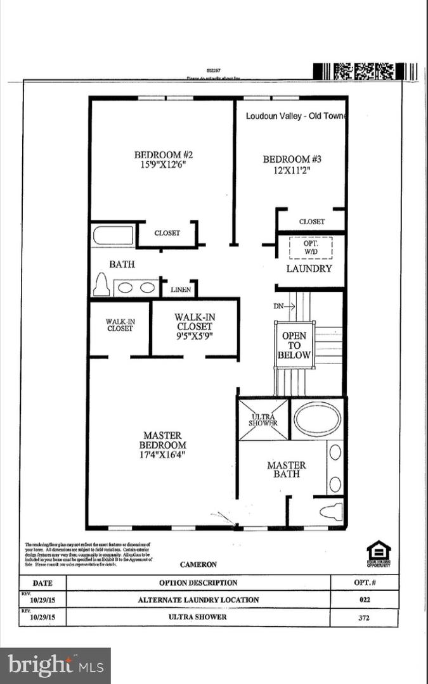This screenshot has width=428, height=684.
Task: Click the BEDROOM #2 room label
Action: tap(163, 159)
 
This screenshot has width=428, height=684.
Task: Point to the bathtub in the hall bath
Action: tap(113, 236)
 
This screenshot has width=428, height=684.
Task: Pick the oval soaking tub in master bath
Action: tap(317, 419)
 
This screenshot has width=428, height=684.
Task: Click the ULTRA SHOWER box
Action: tap(263, 419)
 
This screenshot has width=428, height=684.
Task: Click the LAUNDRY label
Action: tap(309, 269)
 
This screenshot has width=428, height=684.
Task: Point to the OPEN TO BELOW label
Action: tap(294, 345)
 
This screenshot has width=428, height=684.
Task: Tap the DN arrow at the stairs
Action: tap(285, 306)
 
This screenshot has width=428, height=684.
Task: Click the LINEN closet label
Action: tap(181, 290)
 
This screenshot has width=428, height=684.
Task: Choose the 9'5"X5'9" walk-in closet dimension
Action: tap(195, 336)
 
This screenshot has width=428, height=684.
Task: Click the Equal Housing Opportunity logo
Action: tap(379, 553)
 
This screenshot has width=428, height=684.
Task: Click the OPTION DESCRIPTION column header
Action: tap(198, 583)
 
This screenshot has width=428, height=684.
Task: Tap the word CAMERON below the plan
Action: tap(198, 564)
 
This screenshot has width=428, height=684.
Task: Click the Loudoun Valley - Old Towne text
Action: tap(295, 117)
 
